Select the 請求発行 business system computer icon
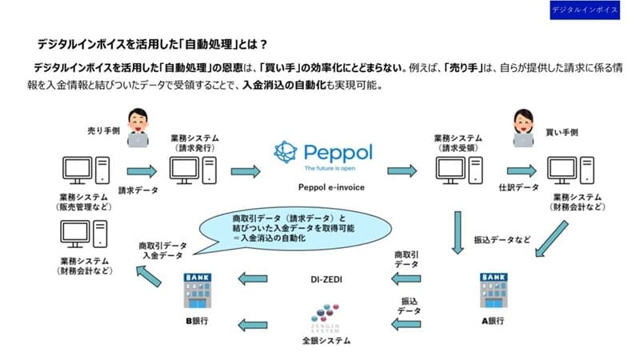coord(192,170)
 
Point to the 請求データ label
coord(138,190)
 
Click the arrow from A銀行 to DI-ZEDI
coord(407,278)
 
